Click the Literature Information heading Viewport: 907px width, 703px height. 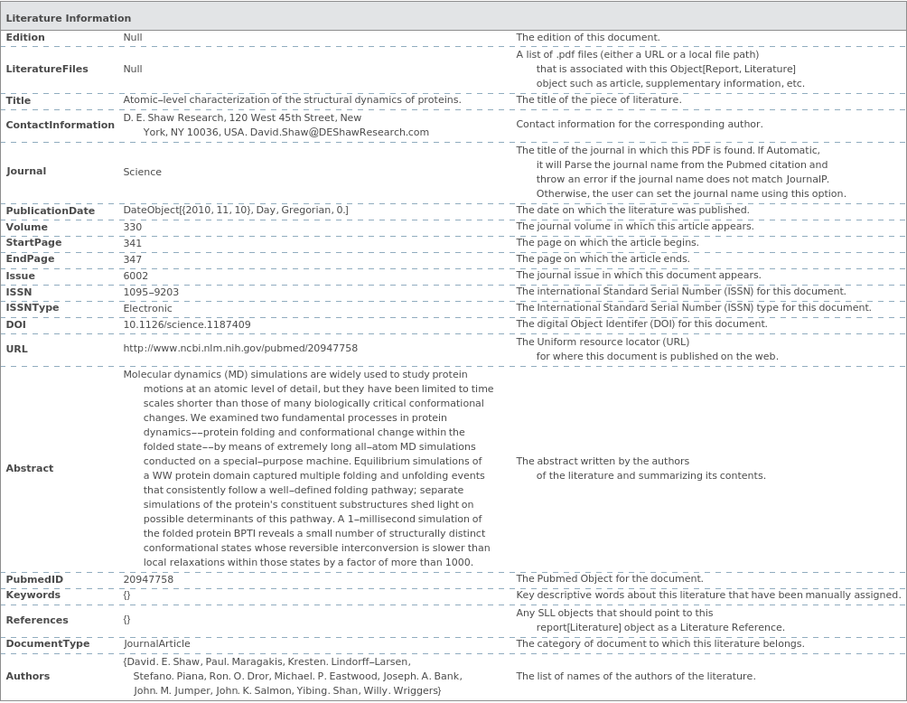pos(69,18)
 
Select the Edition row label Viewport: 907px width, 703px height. pos(25,37)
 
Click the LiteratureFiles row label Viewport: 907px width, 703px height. pos(47,69)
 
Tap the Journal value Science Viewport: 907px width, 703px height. pos(142,172)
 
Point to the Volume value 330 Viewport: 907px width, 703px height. pos(133,227)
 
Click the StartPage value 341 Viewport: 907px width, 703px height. pos(133,243)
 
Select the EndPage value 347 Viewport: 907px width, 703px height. pos(133,259)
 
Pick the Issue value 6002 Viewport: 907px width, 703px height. pos(136,276)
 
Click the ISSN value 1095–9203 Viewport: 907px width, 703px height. pos(151,292)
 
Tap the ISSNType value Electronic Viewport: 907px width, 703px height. pos(147,308)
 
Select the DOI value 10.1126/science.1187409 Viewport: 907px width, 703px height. pos(187,324)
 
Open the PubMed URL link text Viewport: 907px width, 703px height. pos(240,348)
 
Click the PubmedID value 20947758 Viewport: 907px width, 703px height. pos(148,579)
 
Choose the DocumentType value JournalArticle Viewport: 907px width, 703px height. pos(156,643)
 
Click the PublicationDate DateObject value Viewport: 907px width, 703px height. pos(236,211)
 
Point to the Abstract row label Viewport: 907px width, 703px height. pos(30,468)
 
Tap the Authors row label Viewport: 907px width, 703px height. pos(28,676)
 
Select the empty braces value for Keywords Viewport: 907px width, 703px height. pos(126,595)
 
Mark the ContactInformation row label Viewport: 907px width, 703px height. pos(60,125)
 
